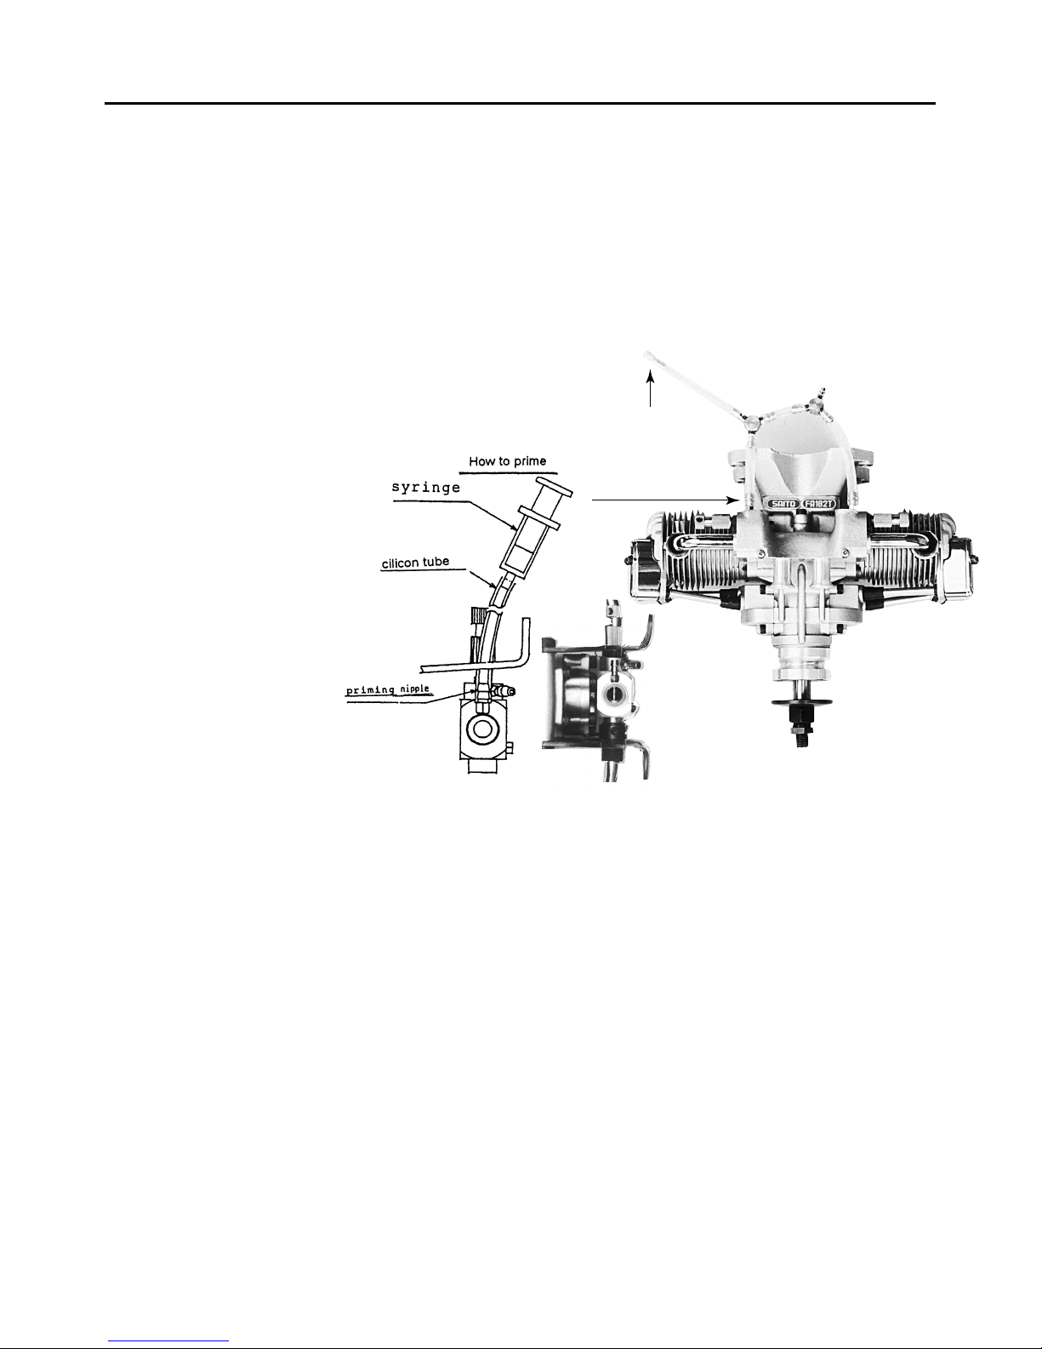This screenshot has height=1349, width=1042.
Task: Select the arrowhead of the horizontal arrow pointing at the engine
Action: tap(731, 500)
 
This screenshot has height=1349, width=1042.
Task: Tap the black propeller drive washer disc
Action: tap(796, 703)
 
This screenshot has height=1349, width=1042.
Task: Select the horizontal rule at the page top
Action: tap(520, 104)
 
